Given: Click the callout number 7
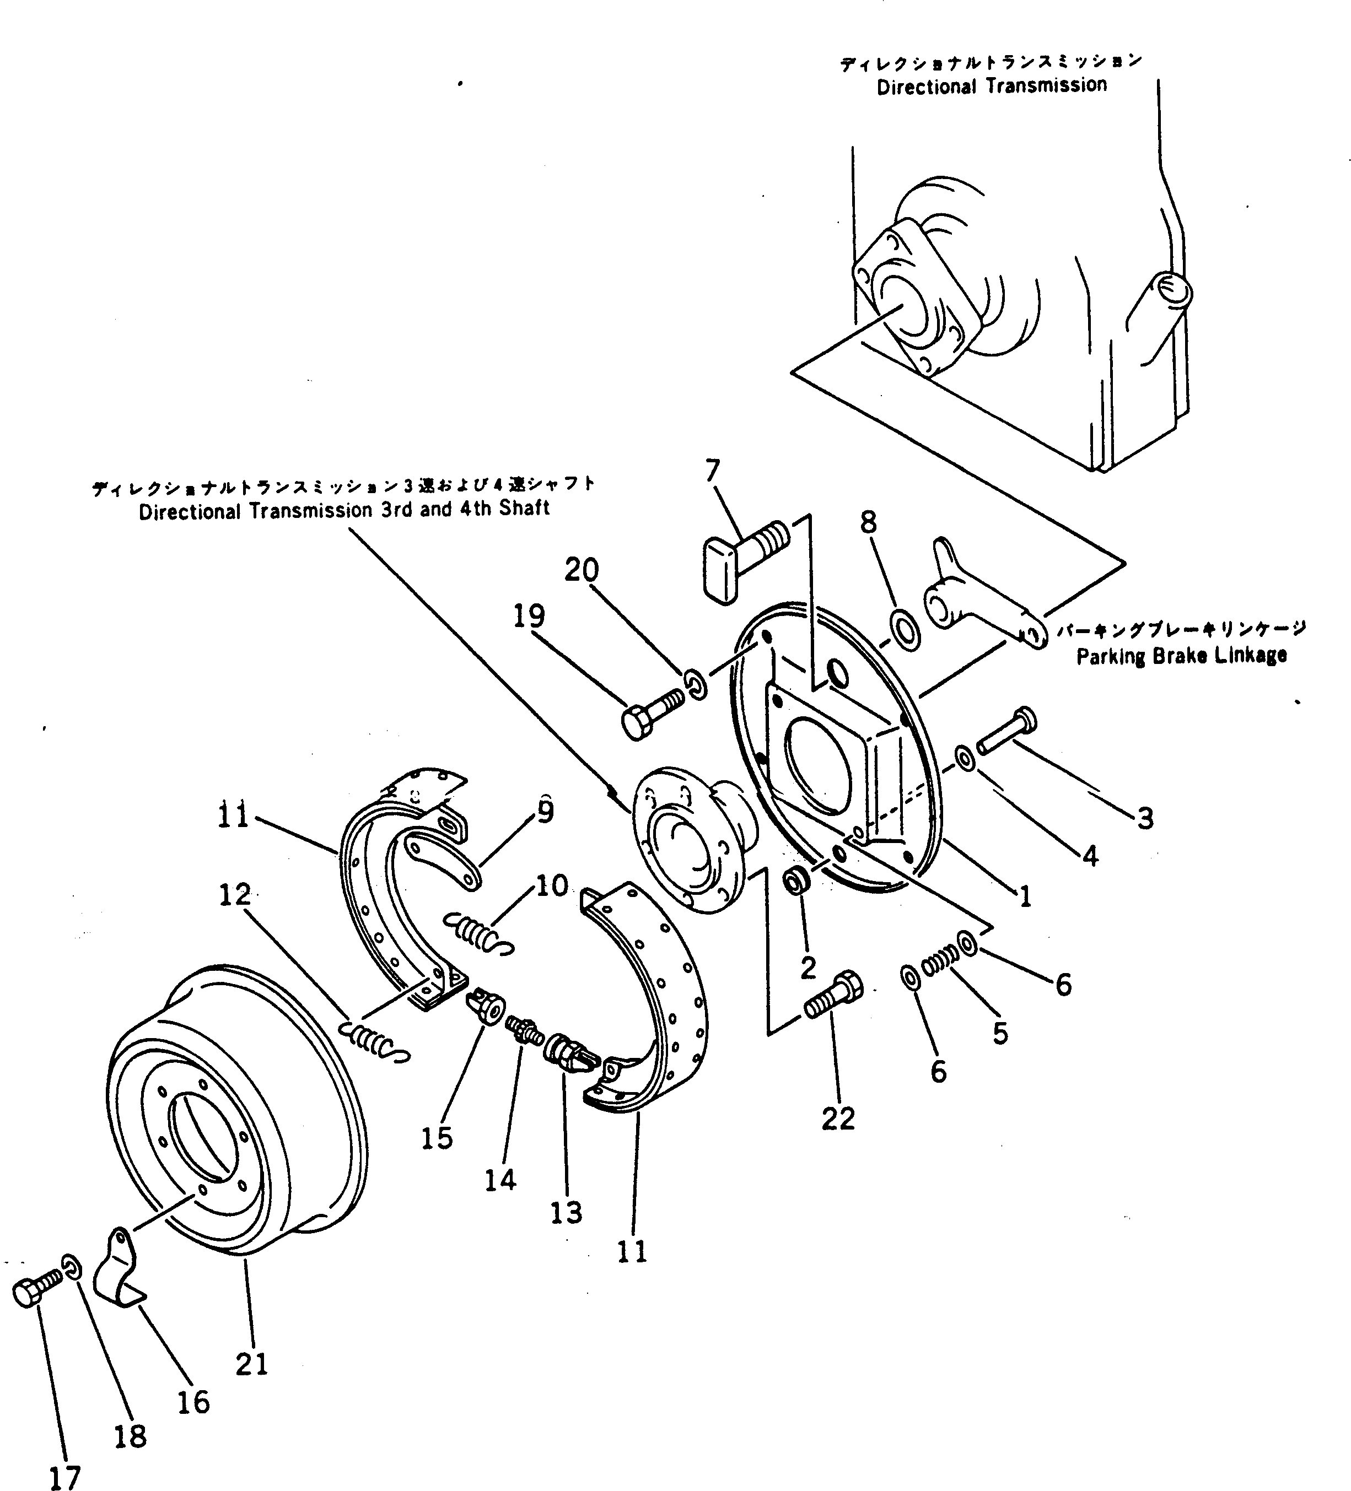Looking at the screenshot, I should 713,471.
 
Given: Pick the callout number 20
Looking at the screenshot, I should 582,570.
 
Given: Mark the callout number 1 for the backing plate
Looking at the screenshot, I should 1025,897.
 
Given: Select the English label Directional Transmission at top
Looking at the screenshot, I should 992,86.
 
